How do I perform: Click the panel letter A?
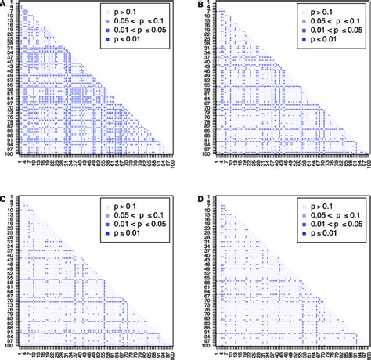pyautogui.click(x=4, y=5)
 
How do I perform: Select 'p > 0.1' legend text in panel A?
pyautogui.click(x=132, y=14)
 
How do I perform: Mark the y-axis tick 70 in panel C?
pyautogui.click(x=9, y=299)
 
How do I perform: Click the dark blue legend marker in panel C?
pyautogui.click(x=106, y=232)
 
